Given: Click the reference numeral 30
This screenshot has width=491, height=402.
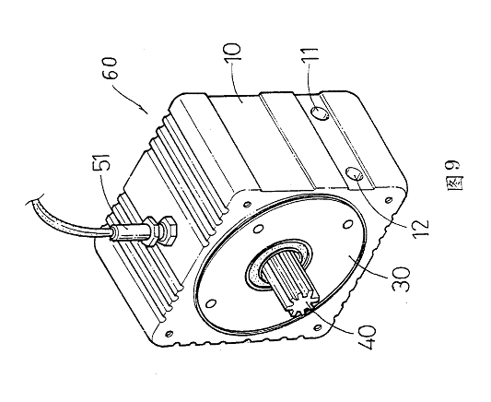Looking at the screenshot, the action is click(x=401, y=279).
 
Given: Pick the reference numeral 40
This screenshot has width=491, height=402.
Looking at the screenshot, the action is click(x=367, y=337).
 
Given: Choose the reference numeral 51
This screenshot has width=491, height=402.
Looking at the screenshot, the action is click(x=102, y=162).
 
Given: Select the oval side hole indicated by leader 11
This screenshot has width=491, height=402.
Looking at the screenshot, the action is click(x=321, y=113).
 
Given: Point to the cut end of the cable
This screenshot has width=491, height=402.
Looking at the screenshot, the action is click(x=33, y=200).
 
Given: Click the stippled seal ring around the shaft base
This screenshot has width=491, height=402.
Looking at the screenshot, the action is click(x=278, y=263).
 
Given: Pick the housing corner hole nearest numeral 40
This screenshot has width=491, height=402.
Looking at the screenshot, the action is click(x=317, y=327).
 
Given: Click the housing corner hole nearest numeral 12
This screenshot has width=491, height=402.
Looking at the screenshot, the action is click(x=389, y=199).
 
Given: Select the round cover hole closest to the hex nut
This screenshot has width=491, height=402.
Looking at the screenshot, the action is click(x=258, y=229).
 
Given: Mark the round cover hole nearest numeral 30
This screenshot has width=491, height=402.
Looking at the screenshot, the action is click(x=347, y=225).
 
